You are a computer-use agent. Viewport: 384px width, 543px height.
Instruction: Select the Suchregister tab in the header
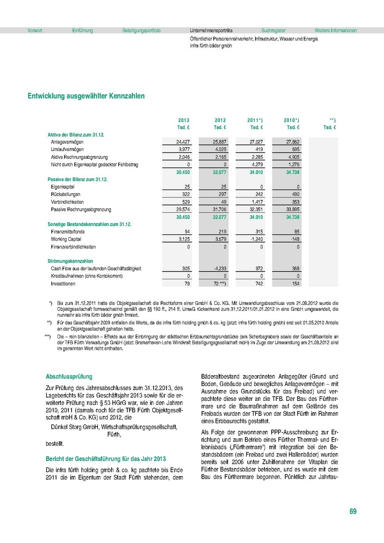click(x=274, y=31)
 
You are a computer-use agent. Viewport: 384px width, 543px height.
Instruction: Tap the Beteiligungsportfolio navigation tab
click(x=141, y=31)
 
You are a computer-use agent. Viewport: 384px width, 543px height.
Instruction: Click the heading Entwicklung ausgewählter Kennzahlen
click(x=86, y=96)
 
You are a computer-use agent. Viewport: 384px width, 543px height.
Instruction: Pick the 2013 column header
click(x=183, y=120)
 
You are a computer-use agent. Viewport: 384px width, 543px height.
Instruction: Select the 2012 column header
click(x=220, y=120)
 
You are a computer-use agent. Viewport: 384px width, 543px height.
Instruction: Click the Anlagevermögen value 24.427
click(x=183, y=142)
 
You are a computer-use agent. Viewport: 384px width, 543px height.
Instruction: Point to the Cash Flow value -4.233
click(x=219, y=268)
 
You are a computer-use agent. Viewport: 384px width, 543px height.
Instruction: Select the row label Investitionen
click(x=63, y=284)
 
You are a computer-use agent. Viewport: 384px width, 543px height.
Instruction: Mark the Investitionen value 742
click(x=258, y=284)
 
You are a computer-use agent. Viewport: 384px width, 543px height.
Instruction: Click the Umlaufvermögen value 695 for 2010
click(x=295, y=149)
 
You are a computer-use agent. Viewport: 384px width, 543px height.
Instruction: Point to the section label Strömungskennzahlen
click(x=70, y=261)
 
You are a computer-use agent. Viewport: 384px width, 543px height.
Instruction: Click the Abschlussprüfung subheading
click(x=69, y=376)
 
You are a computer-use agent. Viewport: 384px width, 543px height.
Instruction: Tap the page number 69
click(x=353, y=511)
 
